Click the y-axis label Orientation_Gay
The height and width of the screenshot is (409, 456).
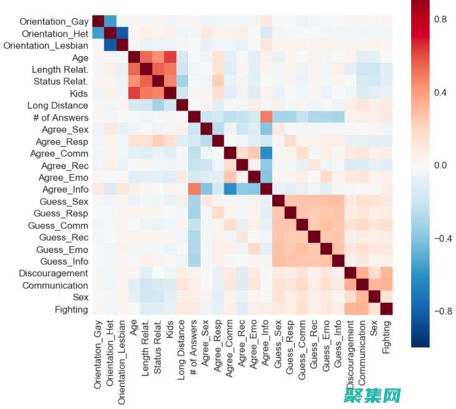pos(55,21)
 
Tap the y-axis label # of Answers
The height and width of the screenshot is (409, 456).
pos(60,117)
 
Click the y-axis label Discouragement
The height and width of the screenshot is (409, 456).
pos(55,273)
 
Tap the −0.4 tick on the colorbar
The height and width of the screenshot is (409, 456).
pos(439,239)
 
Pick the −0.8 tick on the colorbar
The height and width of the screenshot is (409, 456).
pos(439,311)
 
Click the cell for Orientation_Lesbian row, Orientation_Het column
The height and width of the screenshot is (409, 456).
pos(110,45)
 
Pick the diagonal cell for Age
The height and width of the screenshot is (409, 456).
pos(134,57)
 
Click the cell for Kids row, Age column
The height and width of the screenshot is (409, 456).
pos(134,93)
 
